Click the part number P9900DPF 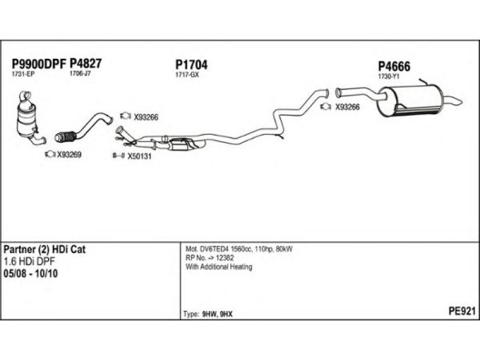[x=39, y=64]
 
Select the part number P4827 [x=86, y=64]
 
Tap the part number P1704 [x=191, y=65]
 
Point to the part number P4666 [x=394, y=66]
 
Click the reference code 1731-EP [x=23, y=74]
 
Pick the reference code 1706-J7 [x=80, y=73]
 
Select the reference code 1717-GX [x=187, y=74]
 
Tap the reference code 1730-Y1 [x=389, y=77]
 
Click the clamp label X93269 [x=69, y=155]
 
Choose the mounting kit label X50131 [x=139, y=157]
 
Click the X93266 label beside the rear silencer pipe [x=347, y=107]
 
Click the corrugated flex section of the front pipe [x=65, y=137]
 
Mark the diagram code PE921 [x=462, y=311]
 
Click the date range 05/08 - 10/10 [x=31, y=274]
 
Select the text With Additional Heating [x=219, y=267]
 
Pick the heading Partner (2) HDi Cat [x=44, y=249]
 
